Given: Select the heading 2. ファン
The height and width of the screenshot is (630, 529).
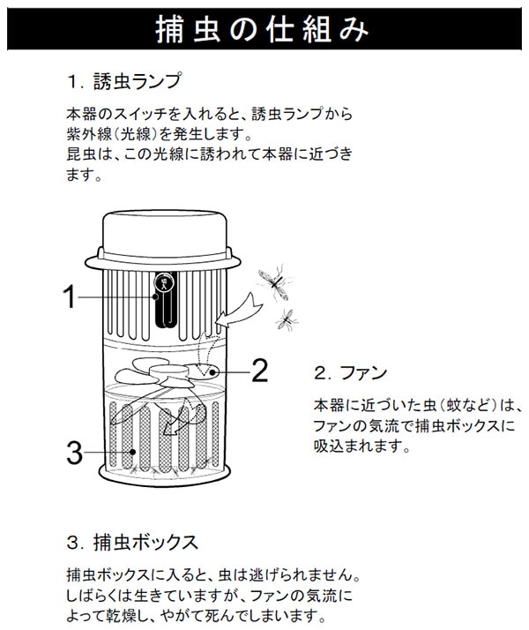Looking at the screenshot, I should [x=351, y=371].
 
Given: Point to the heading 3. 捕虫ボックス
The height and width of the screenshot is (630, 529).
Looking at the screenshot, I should [x=131, y=539].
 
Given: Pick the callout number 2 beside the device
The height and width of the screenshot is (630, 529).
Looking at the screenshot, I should [x=258, y=371].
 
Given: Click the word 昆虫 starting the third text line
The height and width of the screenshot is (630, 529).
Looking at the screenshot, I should [x=81, y=154].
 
